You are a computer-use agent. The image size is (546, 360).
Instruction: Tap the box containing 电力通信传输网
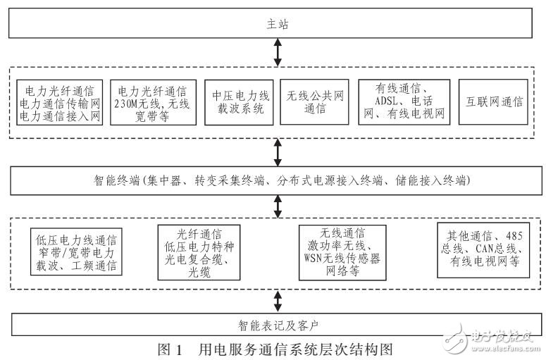pyautogui.click(x=61, y=102)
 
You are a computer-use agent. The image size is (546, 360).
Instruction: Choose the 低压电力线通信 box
pyautogui.click(x=77, y=252)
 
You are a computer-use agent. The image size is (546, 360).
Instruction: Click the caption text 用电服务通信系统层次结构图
pyautogui.click(x=294, y=349)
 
